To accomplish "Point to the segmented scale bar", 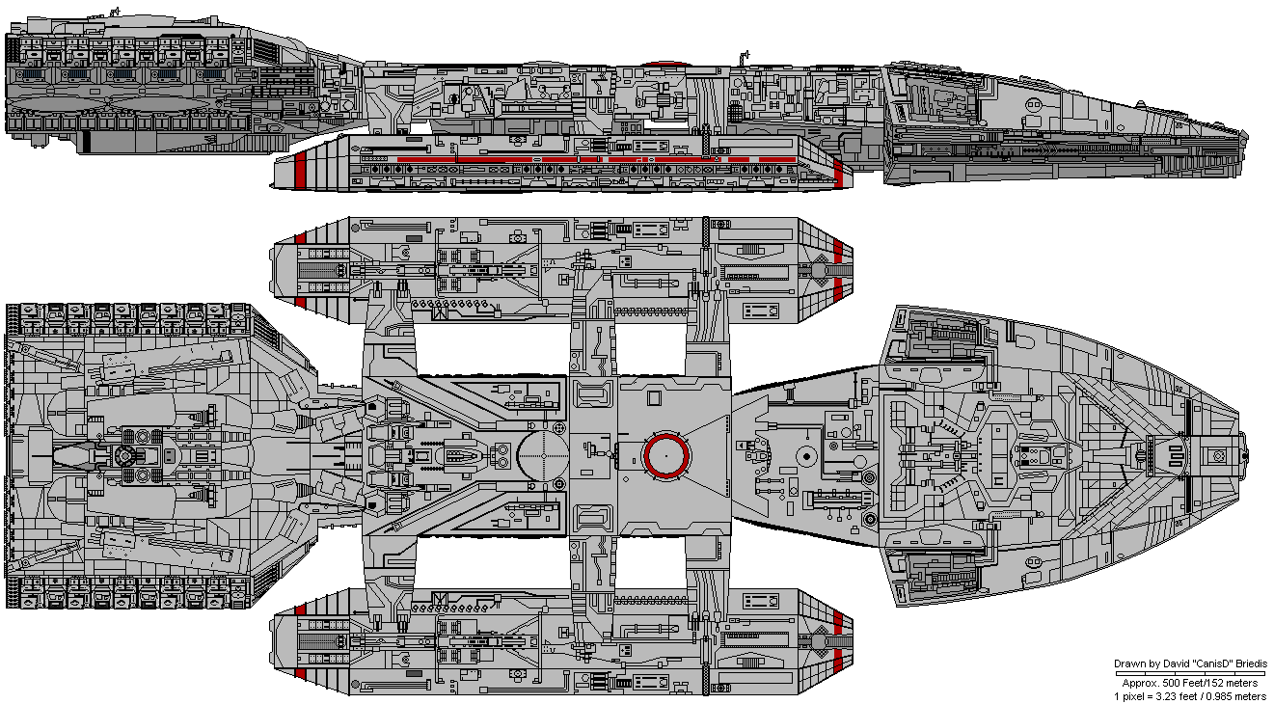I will (1190, 673).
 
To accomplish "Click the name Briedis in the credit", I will (1251, 663).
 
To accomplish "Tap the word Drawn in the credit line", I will (1129, 663).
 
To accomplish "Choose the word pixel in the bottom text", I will (1133, 696).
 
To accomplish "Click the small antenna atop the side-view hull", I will (117, 12).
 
